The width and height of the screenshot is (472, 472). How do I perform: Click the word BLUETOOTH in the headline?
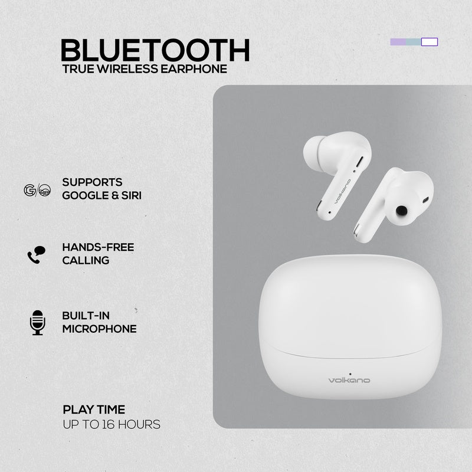click(x=155, y=50)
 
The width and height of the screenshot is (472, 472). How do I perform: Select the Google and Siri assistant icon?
click(x=37, y=190)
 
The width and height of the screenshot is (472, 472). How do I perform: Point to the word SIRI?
click(x=130, y=195)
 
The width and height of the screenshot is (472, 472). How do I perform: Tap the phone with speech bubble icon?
click(x=37, y=254)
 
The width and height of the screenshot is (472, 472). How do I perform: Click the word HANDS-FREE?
click(x=98, y=247)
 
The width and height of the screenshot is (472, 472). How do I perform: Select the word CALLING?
click(x=86, y=260)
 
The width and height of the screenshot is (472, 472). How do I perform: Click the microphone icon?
click(x=37, y=322)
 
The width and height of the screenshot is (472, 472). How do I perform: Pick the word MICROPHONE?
click(x=99, y=329)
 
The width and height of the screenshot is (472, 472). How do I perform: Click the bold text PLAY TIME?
click(x=94, y=409)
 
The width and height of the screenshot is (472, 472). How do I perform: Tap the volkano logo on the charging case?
click(x=350, y=381)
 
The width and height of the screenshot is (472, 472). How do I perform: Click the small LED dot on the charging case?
click(x=350, y=373)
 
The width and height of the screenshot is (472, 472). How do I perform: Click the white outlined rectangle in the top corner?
click(x=430, y=41)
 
